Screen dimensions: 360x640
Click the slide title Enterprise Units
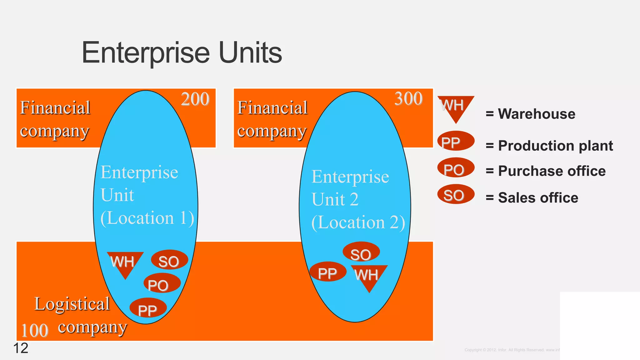(x=182, y=52)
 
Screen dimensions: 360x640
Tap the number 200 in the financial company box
(x=195, y=99)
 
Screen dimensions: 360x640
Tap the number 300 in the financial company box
(x=408, y=99)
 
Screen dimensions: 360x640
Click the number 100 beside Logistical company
(x=34, y=331)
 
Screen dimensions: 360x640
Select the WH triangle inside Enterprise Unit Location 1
(x=125, y=262)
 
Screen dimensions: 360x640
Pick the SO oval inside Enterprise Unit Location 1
(x=169, y=260)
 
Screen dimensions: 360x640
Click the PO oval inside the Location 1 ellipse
(x=162, y=283)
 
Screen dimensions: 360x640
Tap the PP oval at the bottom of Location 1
(x=148, y=308)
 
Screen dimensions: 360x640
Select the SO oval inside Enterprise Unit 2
(x=361, y=252)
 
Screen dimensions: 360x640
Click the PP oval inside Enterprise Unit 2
(x=327, y=272)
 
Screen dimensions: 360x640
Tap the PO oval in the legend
(x=455, y=168)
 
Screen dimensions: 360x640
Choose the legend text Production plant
(x=555, y=146)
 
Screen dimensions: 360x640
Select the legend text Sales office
(x=537, y=197)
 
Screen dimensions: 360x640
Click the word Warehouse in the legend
(x=536, y=114)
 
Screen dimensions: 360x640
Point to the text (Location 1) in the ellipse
(x=147, y=218)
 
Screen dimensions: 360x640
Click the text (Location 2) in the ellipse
(x=358, y=222)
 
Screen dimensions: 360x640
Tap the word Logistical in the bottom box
(x=72, y=304)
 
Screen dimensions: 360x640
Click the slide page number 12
(x=21, y=348)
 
